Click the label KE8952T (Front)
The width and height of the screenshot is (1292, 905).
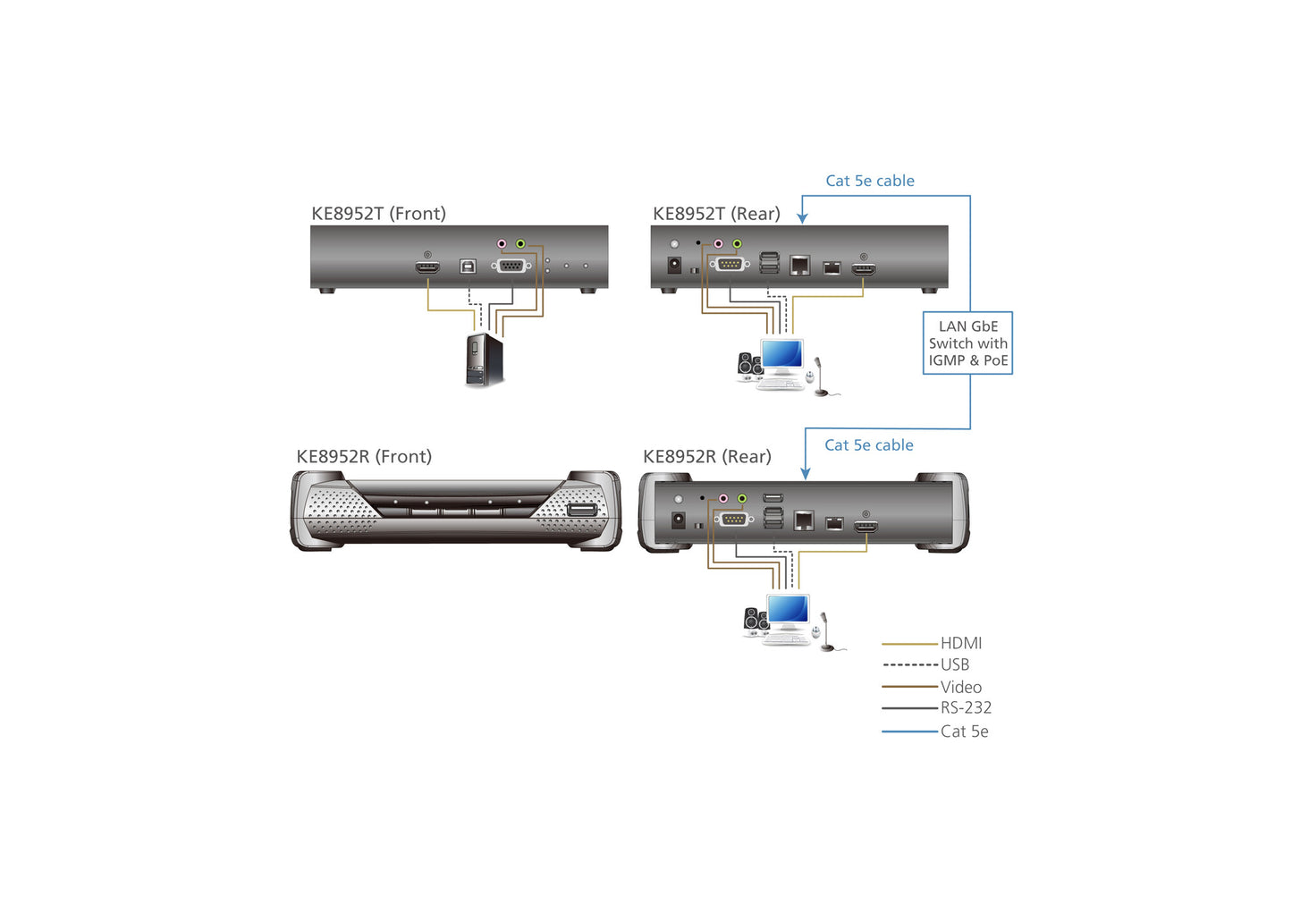(378, 214)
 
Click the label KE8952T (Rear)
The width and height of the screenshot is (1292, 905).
(716, 214)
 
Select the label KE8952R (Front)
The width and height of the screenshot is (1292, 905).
(364, 457)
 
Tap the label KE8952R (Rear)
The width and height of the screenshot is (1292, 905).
(706, 457)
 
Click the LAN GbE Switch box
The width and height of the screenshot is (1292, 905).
(967, 343)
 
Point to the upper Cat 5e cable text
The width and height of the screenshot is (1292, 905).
(869, 181)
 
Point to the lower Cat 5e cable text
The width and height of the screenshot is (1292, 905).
(868, 445)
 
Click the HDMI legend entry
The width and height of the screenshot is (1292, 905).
(960, 643)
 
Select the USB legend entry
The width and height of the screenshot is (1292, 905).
(954, 664)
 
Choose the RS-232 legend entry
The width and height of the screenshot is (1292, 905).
(965, 707)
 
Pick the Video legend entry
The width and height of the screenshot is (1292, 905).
(960, 687)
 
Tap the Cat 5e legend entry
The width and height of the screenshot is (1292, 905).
(964, 732)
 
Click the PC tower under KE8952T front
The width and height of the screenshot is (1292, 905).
(484, 359)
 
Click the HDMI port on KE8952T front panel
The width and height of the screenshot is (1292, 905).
(427, 267)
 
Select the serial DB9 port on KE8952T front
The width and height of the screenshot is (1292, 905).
(511, 266)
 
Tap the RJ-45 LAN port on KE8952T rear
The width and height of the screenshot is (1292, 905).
(799, 265)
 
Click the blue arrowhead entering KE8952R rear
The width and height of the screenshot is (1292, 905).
(805, 473)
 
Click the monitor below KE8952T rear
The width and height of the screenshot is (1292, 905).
(781, 356)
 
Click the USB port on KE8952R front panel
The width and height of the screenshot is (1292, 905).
(581, 510)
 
